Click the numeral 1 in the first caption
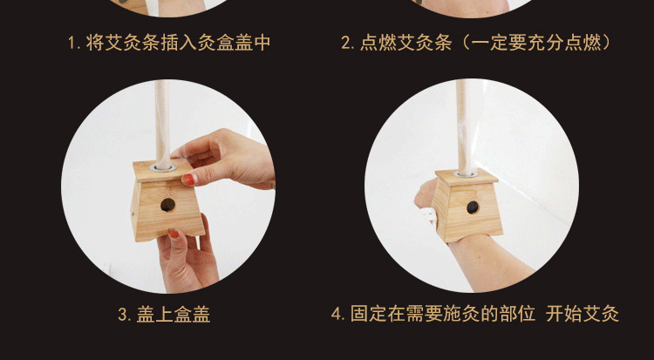72,43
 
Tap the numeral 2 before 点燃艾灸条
346,43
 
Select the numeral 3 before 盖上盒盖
123,315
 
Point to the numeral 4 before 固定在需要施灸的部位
337,314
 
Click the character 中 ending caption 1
262,43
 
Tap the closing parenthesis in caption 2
606,43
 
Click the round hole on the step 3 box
167,204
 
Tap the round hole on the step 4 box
473,207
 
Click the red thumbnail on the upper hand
189,179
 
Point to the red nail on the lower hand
174,234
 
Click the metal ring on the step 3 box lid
163,167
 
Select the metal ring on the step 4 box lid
466,173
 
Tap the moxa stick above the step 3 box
163,123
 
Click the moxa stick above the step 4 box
464,126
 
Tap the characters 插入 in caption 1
179,43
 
